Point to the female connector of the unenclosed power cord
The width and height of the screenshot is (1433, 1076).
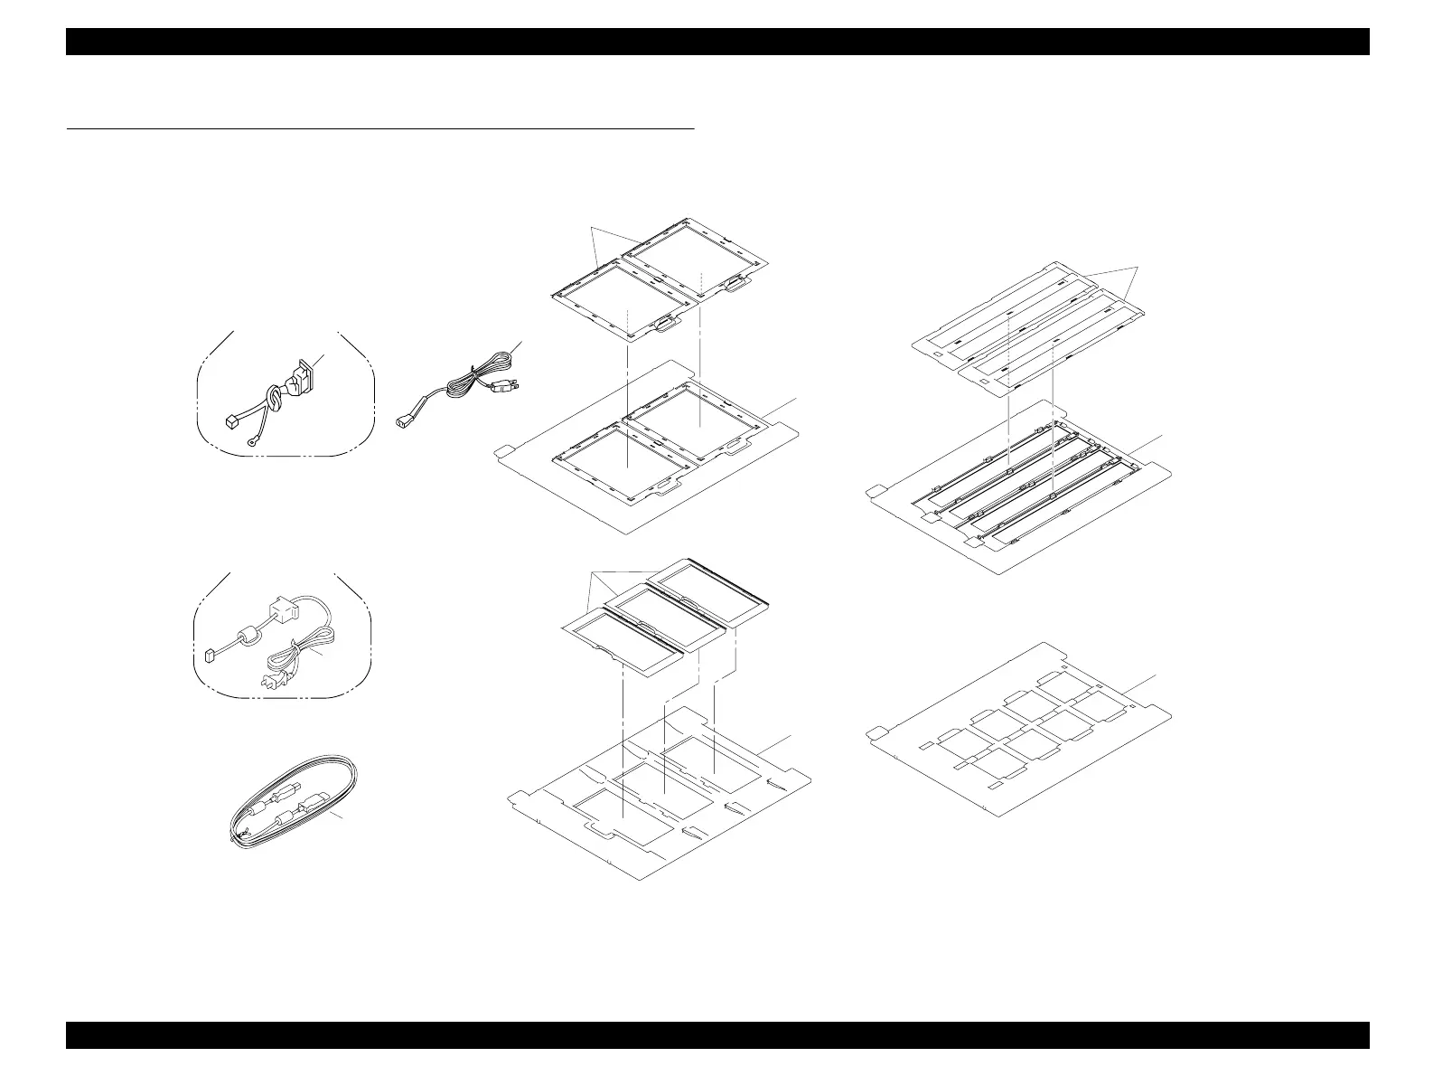[x=406, y=419]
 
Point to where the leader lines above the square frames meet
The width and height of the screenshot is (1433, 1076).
[x=592, y=227]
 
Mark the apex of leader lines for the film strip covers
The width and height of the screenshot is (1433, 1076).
[x=1136, y=268]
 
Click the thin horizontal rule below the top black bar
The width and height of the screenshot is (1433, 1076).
[x=380, y=129]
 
